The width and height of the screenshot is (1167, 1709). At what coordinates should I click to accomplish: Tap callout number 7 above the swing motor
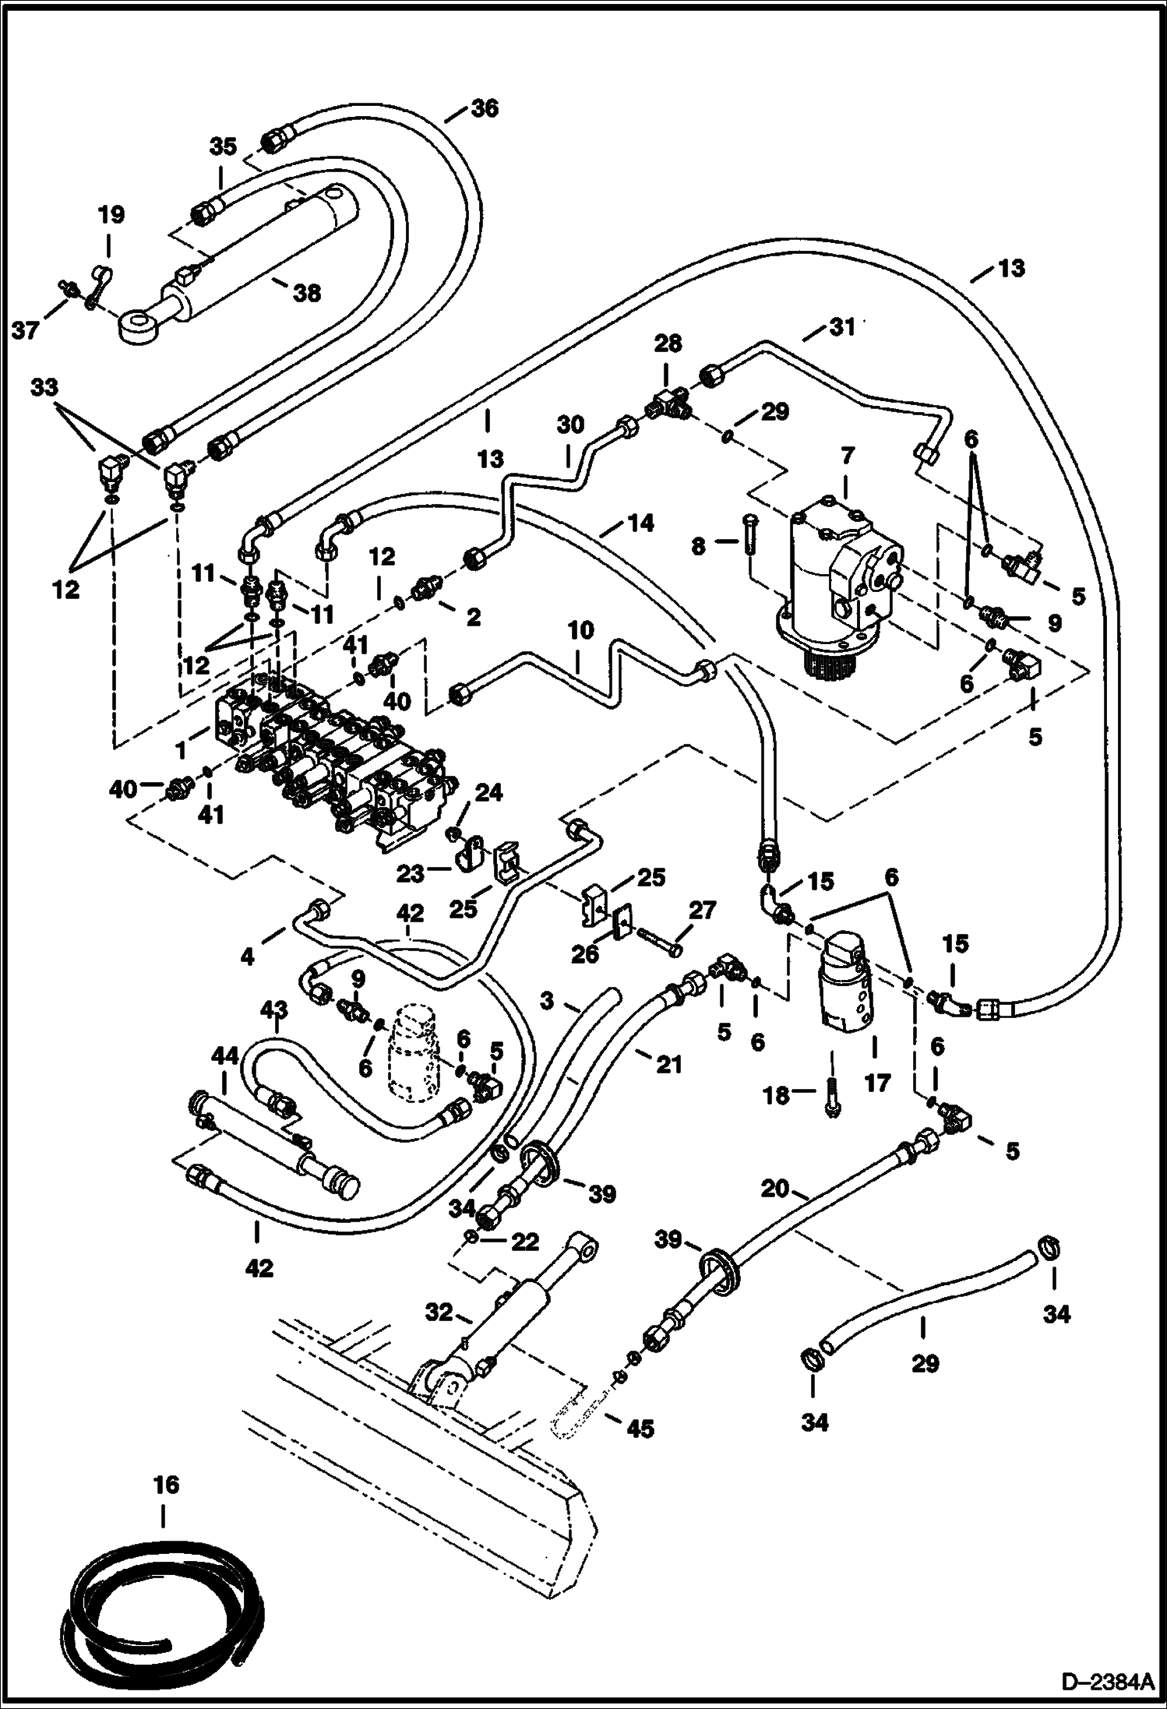847,454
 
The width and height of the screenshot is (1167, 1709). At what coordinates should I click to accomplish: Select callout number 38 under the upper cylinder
307,294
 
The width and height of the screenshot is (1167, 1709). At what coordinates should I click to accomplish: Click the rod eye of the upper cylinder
139,326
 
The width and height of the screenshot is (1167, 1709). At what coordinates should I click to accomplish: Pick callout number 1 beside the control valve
182,751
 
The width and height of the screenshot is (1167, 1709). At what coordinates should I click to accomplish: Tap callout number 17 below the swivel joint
877,1084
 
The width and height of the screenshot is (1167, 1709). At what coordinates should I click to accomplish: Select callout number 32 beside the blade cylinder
439,1313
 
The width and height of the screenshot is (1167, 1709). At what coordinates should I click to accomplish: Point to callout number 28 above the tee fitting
668,344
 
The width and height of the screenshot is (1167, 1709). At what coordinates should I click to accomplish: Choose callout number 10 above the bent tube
580,630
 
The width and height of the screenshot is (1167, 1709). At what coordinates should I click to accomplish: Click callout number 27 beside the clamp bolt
701,910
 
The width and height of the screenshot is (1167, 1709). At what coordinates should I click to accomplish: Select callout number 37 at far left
25,331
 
